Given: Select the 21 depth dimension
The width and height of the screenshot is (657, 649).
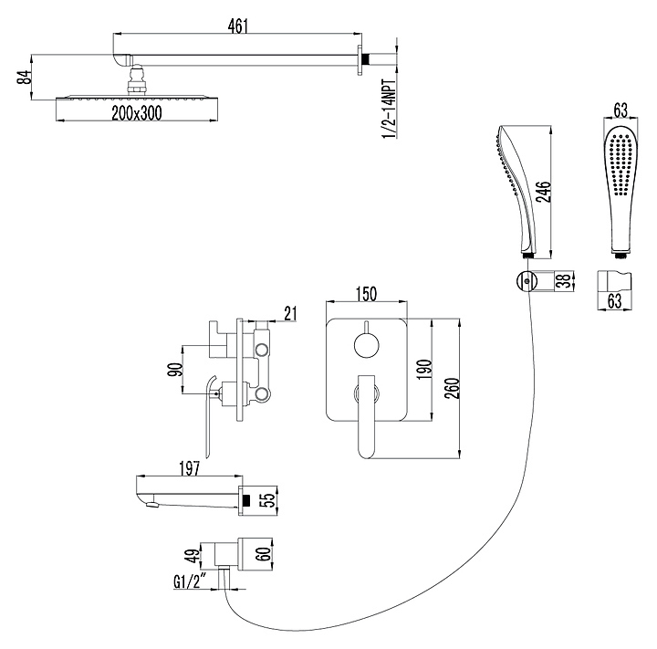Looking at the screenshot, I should pos(290,314).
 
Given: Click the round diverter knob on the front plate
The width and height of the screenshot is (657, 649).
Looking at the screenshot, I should pos(365,345).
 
